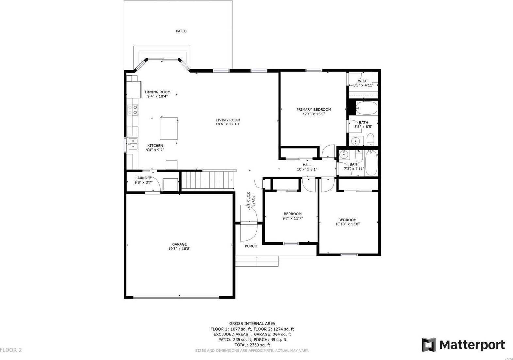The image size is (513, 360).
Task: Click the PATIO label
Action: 181,31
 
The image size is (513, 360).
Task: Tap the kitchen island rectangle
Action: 169,128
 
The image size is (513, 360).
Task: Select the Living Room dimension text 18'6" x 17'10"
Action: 228,124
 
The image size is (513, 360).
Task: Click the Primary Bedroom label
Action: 314,110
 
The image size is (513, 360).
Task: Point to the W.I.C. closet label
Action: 363,81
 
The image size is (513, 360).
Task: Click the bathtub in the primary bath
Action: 366,107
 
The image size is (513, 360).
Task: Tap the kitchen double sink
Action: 133,144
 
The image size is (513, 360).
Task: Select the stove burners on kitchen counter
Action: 133,110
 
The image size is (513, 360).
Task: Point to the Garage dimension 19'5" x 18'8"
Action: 179,249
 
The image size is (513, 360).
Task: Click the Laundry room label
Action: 143,178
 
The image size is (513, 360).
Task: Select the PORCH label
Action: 251,246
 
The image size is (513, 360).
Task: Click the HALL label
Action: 307,165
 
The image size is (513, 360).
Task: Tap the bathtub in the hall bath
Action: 371,163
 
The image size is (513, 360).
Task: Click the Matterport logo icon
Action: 428,345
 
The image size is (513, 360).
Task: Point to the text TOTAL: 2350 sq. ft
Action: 252,345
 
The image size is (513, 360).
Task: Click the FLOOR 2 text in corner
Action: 11,350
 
